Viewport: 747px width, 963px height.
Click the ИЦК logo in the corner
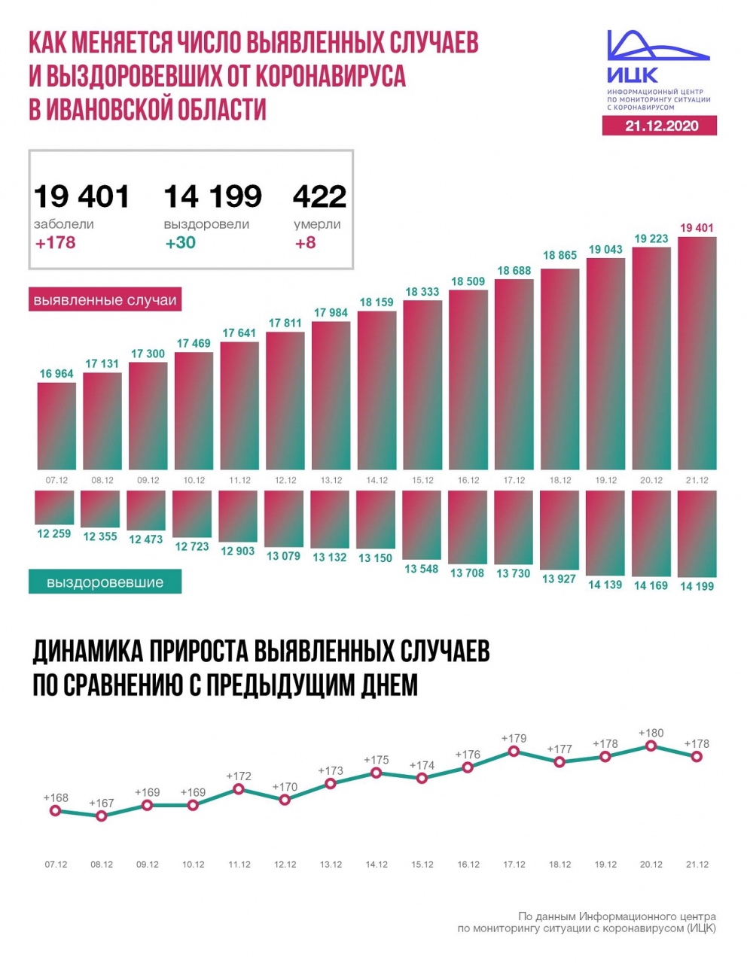click(657, 68)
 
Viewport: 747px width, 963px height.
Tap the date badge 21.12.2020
click(660, 126)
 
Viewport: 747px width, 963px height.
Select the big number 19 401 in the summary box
click(81, 196)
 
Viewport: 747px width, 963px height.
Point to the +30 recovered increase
click(181, 242)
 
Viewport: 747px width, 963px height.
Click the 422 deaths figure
click(319, 196)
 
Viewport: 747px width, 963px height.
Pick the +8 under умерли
click(305, 242)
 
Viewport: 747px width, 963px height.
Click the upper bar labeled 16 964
click(56, 426)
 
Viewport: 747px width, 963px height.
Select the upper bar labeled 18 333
click(422, 384)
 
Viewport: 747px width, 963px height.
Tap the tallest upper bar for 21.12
click(697, 354)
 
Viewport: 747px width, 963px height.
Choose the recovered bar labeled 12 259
click(54, 508)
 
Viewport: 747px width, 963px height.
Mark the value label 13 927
click(559, 579)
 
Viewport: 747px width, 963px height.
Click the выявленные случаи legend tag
click(105, 300)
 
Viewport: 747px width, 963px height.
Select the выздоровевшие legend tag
click(105, 582)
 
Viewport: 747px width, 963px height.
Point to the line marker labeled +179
click(514, 751)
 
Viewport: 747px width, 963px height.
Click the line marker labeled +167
click(102, 816)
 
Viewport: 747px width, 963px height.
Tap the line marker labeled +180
click(651, 746)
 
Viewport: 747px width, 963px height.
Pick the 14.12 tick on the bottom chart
click(377, 864)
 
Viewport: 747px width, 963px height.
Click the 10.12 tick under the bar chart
click(194, 480)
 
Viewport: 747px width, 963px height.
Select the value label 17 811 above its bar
click(285, 323)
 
